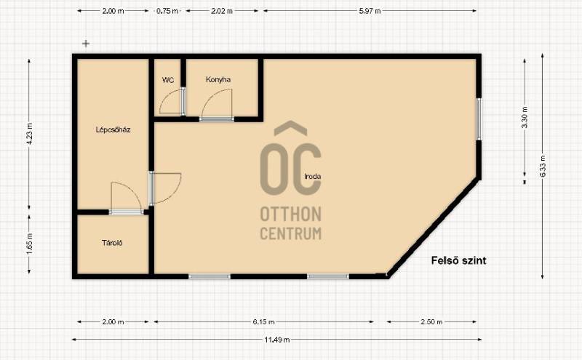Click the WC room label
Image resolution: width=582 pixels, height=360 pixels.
click(168, 80)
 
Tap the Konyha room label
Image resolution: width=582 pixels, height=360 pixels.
click(218, 79)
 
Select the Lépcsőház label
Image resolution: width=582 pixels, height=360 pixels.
click(113, 129)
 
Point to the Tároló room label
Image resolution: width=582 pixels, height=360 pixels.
click(112, 243)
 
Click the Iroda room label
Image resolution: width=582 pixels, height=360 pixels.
click(313, 176)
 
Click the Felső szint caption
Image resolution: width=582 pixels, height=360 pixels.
click(459, 260)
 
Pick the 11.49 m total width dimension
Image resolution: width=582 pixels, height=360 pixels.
click(277, 339)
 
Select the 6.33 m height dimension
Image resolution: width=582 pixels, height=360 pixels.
click(543, 166)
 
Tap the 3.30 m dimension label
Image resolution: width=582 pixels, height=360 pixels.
click(525, 117)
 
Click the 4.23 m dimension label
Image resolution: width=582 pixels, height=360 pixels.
click(30, 134)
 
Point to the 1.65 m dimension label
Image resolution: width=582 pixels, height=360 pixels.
click(30, 244)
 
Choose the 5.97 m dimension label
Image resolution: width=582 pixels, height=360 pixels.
click(370, 11)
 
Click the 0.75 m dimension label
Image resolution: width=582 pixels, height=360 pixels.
click(167, 11)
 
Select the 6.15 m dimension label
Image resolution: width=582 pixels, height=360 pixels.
click(264, 321)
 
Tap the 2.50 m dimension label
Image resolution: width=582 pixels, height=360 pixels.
click(431, 321)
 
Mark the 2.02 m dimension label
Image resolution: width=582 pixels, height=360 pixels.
click(222, 11)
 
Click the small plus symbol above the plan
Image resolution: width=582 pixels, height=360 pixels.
click(86, 44)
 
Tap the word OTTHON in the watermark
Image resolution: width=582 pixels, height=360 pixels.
click(290, 214)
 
